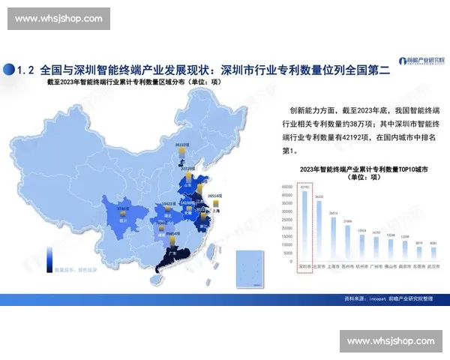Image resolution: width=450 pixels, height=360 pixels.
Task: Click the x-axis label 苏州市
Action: coord(348,266)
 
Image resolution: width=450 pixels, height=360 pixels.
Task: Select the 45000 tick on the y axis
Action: coord(287,186)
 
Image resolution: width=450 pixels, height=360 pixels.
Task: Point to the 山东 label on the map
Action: coord(188,184)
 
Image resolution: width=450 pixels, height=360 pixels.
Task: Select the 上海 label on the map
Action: coord(215,211)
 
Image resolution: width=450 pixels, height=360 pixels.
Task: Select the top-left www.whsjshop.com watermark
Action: coord(59,18)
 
